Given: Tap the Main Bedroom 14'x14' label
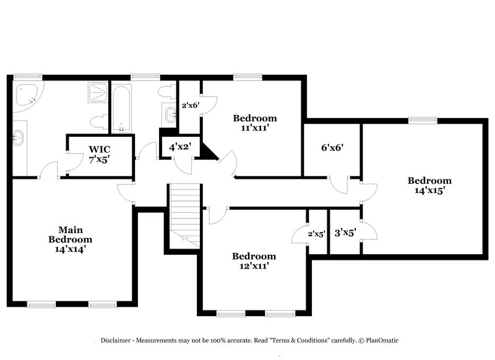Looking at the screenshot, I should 71,239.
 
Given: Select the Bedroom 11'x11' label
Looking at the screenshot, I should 254,123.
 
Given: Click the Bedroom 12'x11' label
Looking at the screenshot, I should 254,261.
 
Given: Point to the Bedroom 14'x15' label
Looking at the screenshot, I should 429,186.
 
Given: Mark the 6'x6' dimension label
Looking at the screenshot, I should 331,147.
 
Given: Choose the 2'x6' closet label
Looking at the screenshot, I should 189,105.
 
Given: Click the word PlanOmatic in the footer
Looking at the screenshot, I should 387,340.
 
